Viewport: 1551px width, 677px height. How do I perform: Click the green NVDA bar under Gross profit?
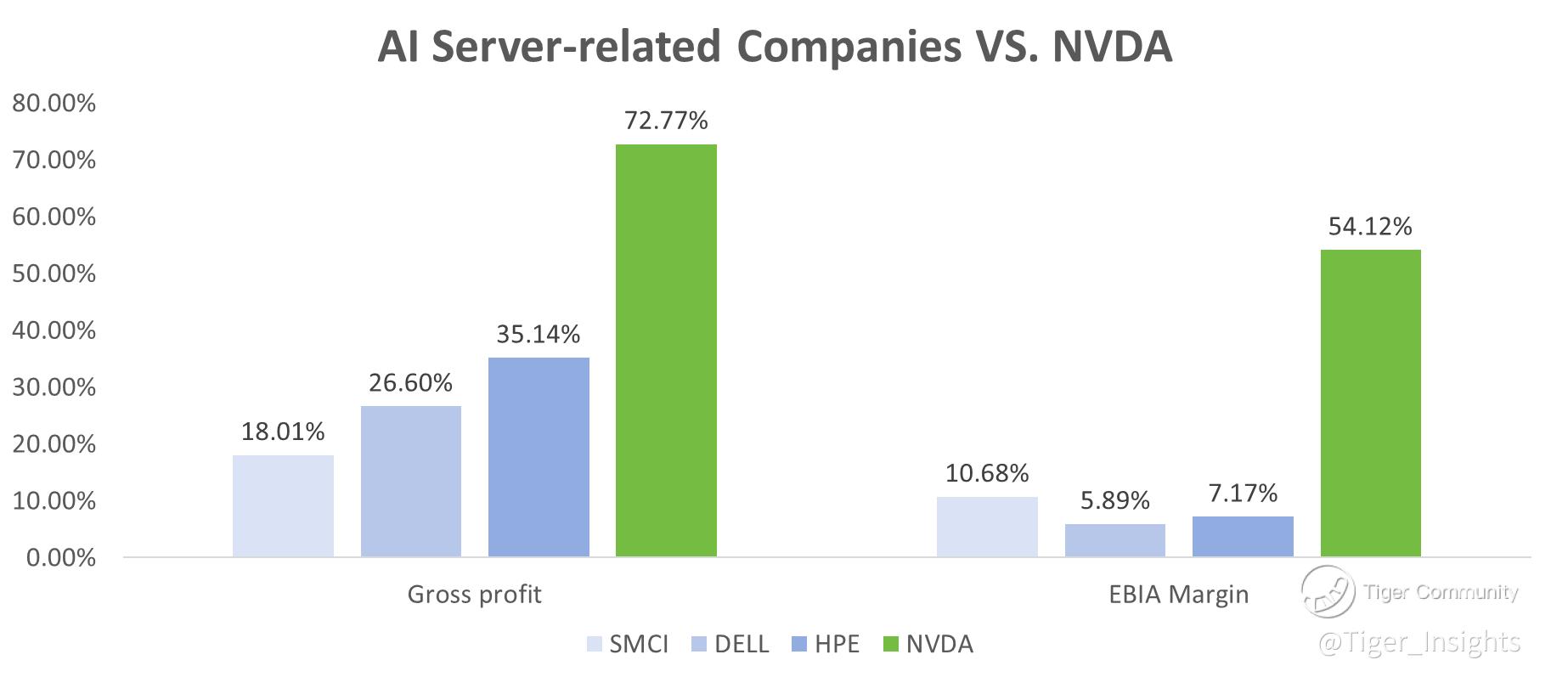[666, 350]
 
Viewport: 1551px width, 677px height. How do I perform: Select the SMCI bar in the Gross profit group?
[283, 505]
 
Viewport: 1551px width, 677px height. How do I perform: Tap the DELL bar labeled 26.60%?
[411, 481]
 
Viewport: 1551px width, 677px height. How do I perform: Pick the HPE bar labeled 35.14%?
[539, 457]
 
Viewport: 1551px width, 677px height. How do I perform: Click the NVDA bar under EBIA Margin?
[1370, 403]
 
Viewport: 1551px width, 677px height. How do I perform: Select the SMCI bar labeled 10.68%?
[987, 527]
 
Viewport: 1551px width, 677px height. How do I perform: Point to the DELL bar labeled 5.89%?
[1114, 540]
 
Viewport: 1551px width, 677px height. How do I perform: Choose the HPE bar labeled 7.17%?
[1243, 536]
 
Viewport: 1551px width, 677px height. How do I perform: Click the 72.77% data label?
[666, 121]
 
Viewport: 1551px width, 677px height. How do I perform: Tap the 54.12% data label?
[1370, 226]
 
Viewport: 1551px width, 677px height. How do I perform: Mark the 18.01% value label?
[283, 432]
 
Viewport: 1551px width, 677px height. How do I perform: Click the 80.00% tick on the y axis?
[54, 104]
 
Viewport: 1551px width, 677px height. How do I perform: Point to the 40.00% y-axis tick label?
[54, 330]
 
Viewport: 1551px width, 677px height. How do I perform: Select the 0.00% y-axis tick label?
[61, 558]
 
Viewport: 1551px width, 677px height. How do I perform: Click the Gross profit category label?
[474, 594]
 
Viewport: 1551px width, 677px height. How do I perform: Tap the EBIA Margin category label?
[1178, 594]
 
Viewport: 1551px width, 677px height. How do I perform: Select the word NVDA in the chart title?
[1112, 46]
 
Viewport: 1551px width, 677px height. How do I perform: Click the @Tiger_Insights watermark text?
[1418, 642]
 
